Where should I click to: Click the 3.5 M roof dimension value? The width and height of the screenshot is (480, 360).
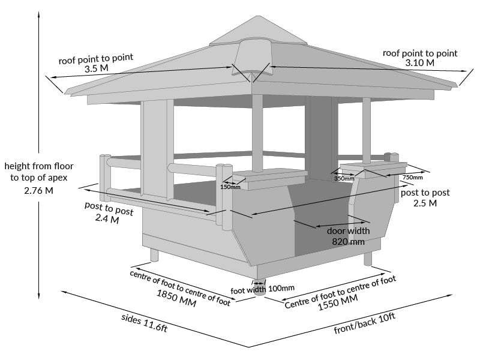click(x=95, y=70)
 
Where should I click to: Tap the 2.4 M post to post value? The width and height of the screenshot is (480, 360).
click(x=107, y=220)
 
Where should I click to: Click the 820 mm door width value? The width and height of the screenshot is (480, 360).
click(x=348, y=241)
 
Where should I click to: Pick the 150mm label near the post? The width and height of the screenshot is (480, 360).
click(x=230, y=187)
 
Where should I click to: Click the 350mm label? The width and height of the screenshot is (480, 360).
click(x=344, y=178)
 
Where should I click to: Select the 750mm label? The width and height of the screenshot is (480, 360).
click(x=412, y=177)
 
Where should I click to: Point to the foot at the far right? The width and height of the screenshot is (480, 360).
click(x=368, y=258)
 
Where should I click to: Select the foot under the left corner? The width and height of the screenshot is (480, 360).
click(x=154, y=254)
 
